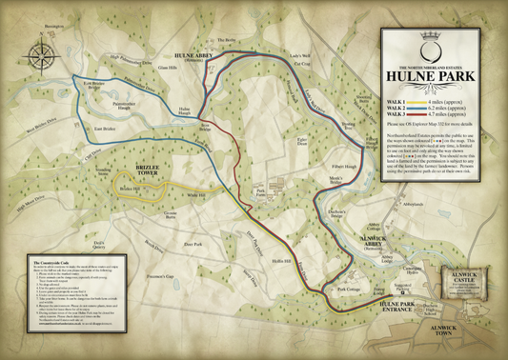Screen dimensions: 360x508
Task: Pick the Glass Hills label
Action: coord(169,68)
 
